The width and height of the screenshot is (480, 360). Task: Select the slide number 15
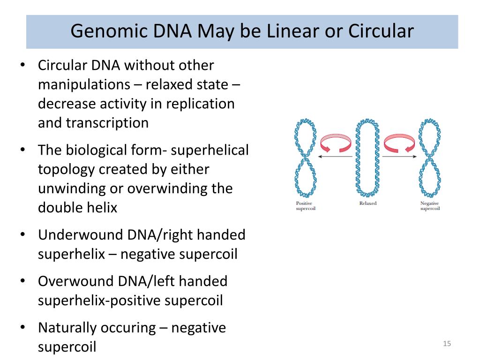click(x=447, y=345)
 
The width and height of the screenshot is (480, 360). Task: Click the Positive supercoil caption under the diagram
click(x=306, y=206)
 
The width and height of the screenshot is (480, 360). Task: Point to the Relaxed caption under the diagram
click(x=367, y=203)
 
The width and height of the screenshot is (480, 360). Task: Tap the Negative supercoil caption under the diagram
click(x=430, y=206)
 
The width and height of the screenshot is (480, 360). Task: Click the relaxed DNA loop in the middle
click(x=367, y=157)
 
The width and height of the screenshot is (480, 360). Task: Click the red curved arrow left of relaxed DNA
click(x=335, y=142)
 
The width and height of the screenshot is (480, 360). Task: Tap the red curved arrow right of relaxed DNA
click(x=399, y=142)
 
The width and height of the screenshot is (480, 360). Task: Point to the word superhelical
click(x=210, y=150)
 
